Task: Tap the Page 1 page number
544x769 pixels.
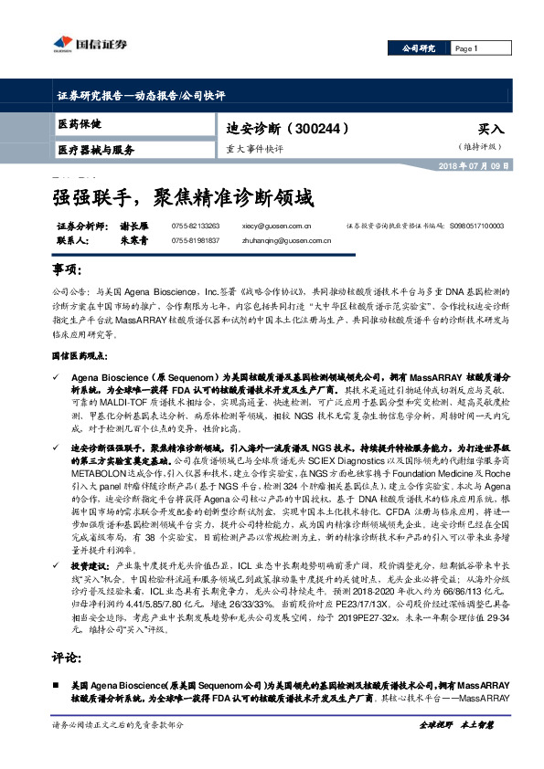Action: [x=467, y=48]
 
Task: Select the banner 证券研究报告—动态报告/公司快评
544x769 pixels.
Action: [x=134, y=94]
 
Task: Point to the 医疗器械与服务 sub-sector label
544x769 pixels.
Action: [x=95, y=150]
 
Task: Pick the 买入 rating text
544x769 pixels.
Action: [x=491, y=130]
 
